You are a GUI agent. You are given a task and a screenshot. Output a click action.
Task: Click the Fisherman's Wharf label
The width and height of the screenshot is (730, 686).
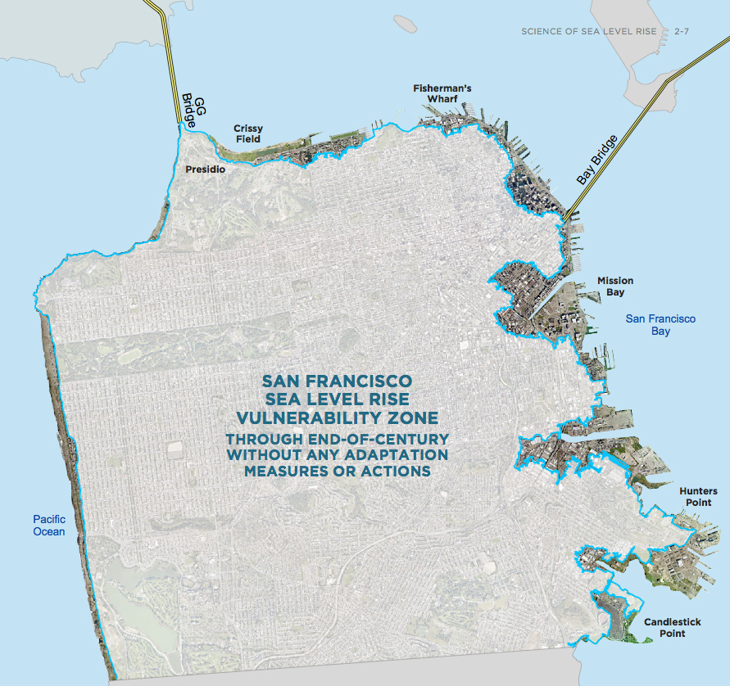[442, 93]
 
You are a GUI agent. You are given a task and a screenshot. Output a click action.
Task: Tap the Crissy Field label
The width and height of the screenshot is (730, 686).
[247, 133]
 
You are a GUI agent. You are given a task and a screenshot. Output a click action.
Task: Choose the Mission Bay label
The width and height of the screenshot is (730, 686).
[614, 286]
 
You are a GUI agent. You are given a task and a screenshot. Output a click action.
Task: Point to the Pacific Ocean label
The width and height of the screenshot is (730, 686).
[48, 525]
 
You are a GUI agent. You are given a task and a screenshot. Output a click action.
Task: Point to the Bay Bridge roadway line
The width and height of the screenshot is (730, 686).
[631, 123]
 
